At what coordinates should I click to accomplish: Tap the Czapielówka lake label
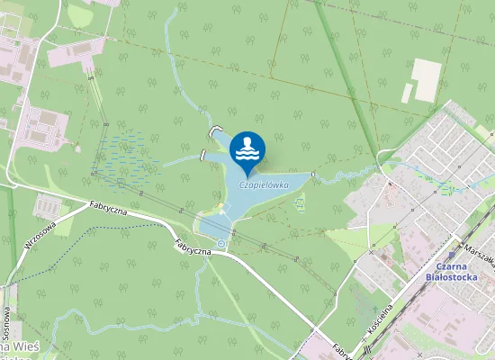coord(264,185)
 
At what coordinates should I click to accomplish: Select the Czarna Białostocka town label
coord(455,271)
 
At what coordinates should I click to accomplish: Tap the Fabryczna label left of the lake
coord(108,210)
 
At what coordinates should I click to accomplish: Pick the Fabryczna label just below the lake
coord(193,245)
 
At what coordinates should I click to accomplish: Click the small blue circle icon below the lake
coord(221,243)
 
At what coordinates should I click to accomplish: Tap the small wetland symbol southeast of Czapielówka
coord(301,202)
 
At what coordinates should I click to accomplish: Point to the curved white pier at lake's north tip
coord(214,131)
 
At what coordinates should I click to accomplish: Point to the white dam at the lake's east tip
coord(312,174)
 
